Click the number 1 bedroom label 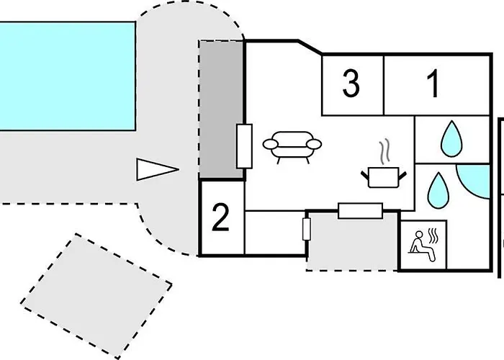coord(433,84)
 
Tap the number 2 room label coord(220,217)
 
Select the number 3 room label coord(351,84)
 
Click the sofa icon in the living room coord(292,147)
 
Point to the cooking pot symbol coord(384,177)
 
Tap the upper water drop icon coord(451,139)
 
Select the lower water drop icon coord(438,190)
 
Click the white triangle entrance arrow coord(157,169)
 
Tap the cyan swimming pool coord(67,76)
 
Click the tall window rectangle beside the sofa coord(244,146)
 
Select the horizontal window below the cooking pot coord(360,211)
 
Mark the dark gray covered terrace coord(221,109)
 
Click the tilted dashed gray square coord(96,296)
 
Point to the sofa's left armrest coord(270,144)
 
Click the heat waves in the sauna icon coord(434,236)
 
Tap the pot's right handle coord(402,176)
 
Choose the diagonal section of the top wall coord(310,47)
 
